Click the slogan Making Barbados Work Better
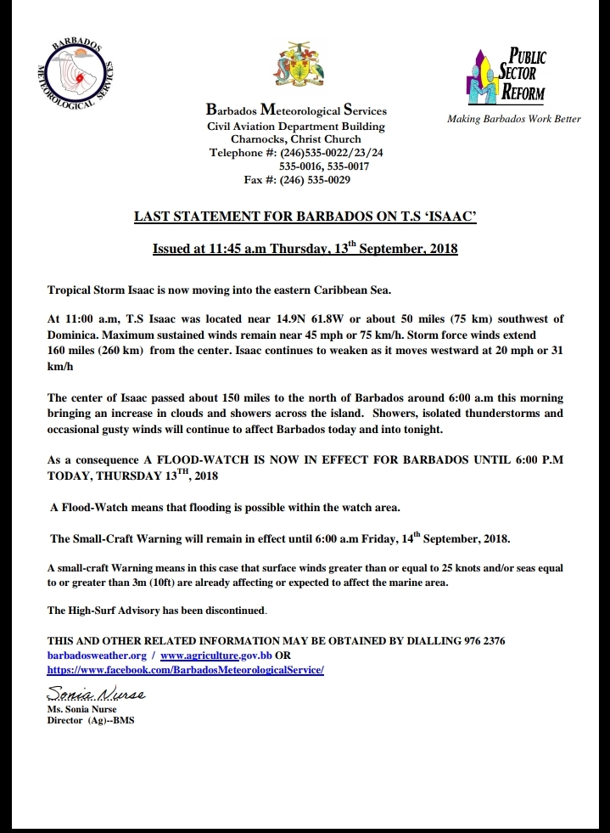(x=513, y=119)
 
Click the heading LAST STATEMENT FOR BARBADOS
(x=305, y=217)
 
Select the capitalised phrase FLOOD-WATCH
(x=183, y=460)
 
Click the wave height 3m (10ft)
(x=147, y=582)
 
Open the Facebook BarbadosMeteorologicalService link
(x=185, y=670)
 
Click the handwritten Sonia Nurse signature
(x=95, y=694)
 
